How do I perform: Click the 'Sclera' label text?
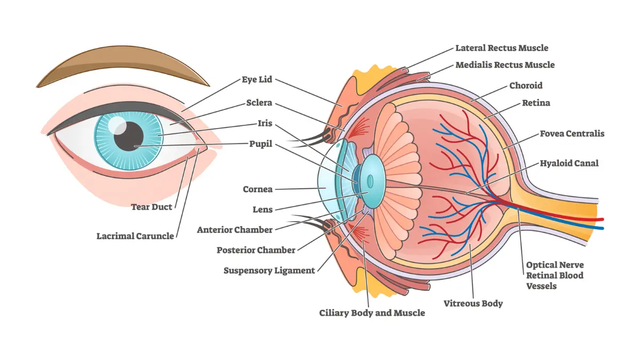(259, 102)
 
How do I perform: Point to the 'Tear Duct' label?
(151, 207)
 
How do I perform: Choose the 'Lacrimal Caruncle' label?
(135, 235)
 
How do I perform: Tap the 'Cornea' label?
(258, 189)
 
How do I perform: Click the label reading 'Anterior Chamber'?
(235, 230)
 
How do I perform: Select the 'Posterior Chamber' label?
(256, 250)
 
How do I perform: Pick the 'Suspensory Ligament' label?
(269, 270)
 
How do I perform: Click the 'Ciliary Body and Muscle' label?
(372, 313)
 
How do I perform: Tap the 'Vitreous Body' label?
(473, 303)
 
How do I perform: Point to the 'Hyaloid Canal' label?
(569, 163)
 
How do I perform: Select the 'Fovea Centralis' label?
(572, 133)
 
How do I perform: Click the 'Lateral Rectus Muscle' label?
(501, 48)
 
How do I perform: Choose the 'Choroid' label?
(526, 85)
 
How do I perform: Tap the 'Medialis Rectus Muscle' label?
(505, 65)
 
